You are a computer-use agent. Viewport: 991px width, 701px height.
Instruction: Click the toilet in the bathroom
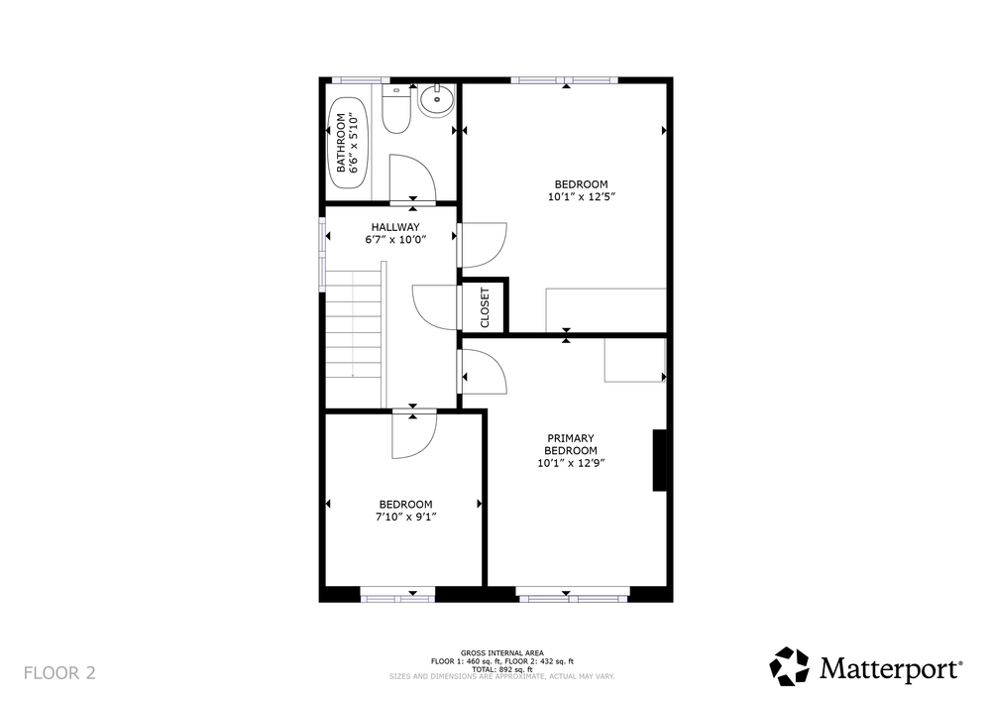(396, 110)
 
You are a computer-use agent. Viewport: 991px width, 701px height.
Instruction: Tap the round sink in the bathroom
(436, 100)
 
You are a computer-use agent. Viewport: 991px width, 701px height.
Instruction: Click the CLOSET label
(485, 307)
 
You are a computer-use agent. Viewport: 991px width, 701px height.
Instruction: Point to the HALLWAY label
(395, 227)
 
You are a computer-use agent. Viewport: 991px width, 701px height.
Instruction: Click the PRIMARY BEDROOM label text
(571, 444)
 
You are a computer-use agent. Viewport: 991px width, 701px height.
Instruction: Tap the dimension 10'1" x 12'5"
(582, 196)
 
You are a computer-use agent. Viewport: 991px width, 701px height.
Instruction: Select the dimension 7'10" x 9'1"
(405, 517)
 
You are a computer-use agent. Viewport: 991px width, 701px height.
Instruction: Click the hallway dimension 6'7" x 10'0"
(395, 240)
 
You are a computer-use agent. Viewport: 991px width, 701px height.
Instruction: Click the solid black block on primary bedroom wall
(659, 460)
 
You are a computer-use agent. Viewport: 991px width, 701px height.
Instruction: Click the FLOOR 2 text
(59, 672)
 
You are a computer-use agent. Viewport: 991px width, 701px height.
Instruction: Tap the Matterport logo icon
(790, 666)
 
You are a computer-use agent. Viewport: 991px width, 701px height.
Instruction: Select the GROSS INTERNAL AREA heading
(501, 653)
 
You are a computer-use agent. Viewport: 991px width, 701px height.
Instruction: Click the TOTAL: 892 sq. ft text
(501, 669)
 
